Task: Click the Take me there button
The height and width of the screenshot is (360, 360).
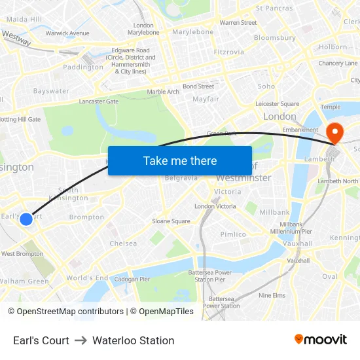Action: coord(180,161)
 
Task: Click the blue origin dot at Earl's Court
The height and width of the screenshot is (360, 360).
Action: coord(26,219)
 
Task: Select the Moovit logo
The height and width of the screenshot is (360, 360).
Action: coord(321,340)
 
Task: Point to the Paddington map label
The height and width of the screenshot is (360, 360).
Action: coord(83,67)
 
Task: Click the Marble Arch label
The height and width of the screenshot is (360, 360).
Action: coord(163,92)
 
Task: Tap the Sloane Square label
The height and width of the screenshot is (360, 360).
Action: coord(171,221)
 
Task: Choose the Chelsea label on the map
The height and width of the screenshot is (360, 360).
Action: coord(123,243)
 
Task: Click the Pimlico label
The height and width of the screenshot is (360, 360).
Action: coord(233,234)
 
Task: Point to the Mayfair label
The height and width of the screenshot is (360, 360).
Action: coord(206,99)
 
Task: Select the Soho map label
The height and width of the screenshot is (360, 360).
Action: coord(266,86)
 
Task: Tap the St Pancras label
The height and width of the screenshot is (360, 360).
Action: coord(274,9)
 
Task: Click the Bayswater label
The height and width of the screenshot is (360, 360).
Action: coord(51,91)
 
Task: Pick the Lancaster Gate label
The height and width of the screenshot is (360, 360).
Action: coord(98,101)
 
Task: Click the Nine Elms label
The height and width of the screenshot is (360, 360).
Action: coord(272,295)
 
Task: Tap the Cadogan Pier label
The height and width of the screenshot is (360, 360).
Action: coord(132,279)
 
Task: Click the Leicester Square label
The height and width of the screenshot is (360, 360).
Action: coord(277,103)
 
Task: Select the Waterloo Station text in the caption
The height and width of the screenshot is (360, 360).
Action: coord(134,340)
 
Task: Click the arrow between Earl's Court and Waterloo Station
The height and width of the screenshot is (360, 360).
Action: coord(81,340)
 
